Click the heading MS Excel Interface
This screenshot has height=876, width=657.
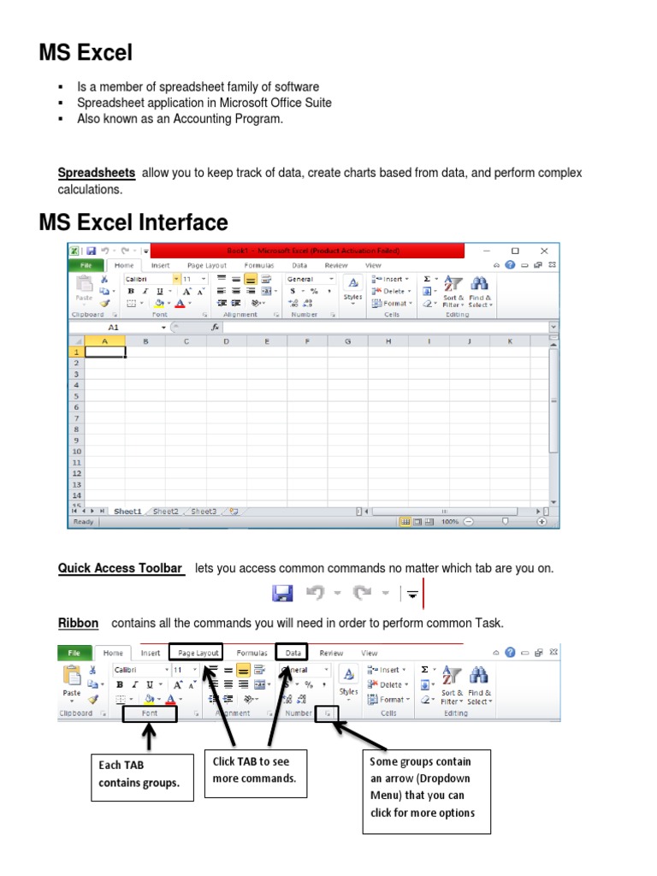[x=133, y=223]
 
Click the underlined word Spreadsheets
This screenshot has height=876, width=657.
[x=97, y=173]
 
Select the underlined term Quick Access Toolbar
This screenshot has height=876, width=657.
[x=120, y=568]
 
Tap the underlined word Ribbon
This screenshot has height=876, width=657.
[x=78, y=623]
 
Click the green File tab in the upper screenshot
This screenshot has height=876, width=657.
[x=85, y=266]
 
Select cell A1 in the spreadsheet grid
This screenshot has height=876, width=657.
[x=105, y=352]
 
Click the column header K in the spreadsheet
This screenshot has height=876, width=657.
[x=510, y=341]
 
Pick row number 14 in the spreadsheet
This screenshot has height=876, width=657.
[x=76, y=495]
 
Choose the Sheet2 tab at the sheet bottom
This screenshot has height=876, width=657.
[x=165, y=512]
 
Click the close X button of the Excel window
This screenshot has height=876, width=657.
[x=543, y=251]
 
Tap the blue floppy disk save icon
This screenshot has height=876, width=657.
[x=282, y=593]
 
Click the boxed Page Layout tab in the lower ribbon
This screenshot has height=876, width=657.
[x=196, y=653]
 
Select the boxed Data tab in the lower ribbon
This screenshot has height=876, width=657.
[x=293, y=653]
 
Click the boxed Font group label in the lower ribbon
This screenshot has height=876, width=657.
[x=150, y=713]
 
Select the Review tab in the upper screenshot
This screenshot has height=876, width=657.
[x=334, y=266]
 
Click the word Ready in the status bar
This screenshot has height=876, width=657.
[x=84, y=522]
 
